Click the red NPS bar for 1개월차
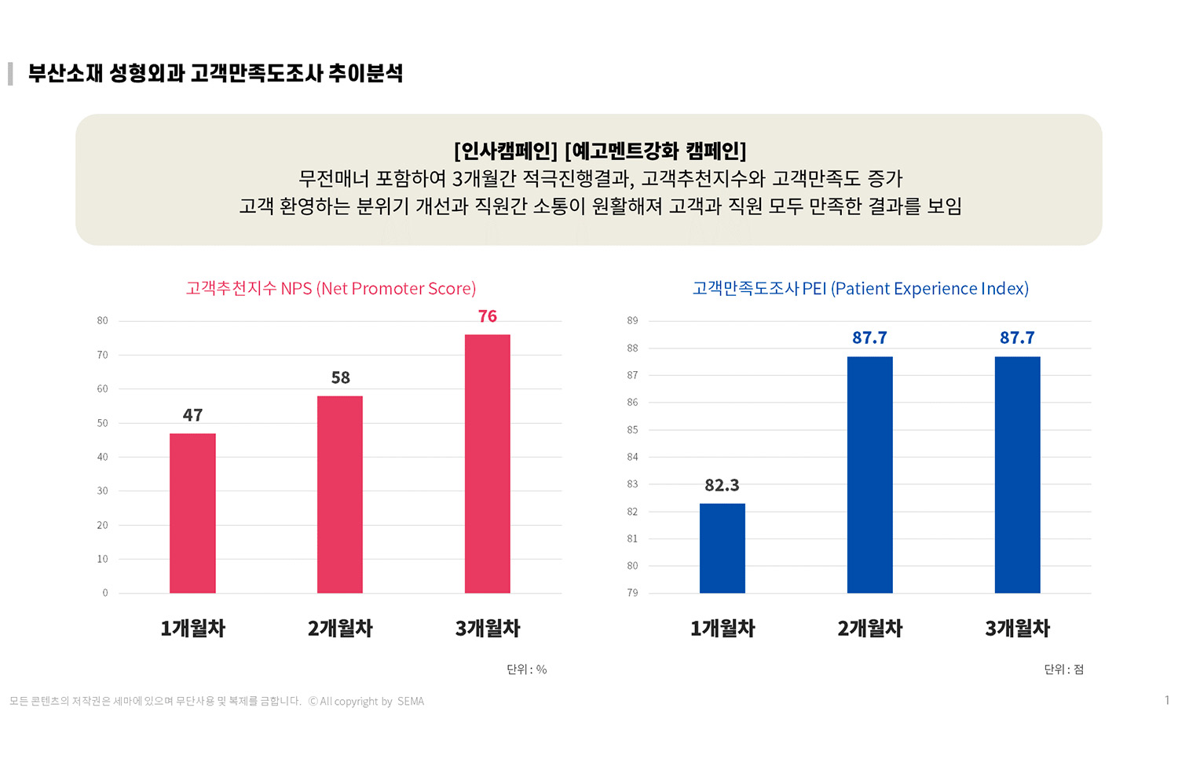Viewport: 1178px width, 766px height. pyautogui.click(x=192, y=513)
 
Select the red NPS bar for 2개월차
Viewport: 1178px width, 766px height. pyautogui.click(x=340, y=494)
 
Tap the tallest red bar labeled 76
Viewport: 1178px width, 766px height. pyautogui.click(x=488, y=464)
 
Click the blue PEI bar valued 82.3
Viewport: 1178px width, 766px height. pyautogui.click(x=723, y=548)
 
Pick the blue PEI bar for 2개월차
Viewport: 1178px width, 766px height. pyautogui.click(x=870, y=475)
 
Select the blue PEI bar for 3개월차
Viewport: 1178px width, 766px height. pyautogui.click(x=1018, y=475)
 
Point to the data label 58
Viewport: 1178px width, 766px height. pyautogui.click(x=341, y=378)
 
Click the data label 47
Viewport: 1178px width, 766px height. pyautogui.click(x=193, y=415)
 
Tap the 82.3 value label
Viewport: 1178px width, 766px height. pyautogui.click(x=723, y=486)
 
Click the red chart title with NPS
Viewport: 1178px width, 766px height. pyautogui.click(x=331, y=289)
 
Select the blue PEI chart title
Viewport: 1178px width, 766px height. pyautogui.click(x=861, y=289)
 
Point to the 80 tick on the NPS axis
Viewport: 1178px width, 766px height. pyautogui.click(x=103, y=321)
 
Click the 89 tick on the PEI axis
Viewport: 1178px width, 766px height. pyautogui.click(x=633, y=321)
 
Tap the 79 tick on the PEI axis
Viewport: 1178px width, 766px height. pyautogui.click(x=633, y=593)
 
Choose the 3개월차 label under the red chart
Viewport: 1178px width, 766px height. pyautogui.click(x=488, y=629)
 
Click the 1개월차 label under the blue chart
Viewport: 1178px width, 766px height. pyautogui.click(x=723, y=629)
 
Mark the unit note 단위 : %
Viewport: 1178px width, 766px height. pyautogui.click(x=527, y=669)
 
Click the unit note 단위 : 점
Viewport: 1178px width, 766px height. pyautogui.click(x=1064, y=669)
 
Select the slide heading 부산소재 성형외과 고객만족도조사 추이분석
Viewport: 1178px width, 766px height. pyautogui.click(x=216, y=74)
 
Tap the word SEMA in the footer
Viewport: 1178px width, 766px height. pyautogui.click(x=411, y=702)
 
